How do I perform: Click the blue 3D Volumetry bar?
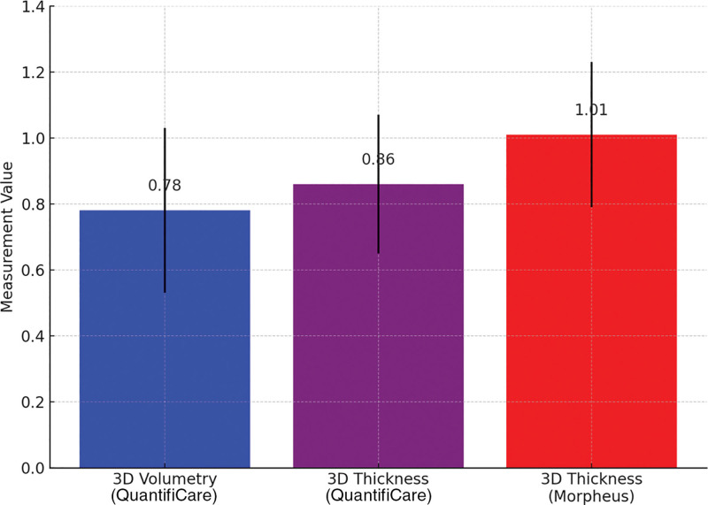click(x=165, y=339)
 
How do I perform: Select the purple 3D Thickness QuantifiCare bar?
click(x=379, y=325)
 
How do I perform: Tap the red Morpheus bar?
click(x=591, y=301)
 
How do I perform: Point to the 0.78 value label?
click(x=165, y=185)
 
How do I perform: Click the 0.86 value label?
click(x=378, y=159)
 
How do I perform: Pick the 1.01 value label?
click(x=591, y=110)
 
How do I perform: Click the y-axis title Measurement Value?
click(x=7, y=237)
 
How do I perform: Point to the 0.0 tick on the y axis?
click(x=33, y=468)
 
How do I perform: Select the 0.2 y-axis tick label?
click(x=33, y=402)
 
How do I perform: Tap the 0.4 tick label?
click(x=33, y=336)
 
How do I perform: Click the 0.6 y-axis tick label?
click(x=33, y=271)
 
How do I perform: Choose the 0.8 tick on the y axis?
click(x=33, y=204)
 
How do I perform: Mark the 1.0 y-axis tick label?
click(x=33, y=138)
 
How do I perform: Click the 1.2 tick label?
click(x=33, y=73)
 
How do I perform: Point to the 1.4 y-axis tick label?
click(x=33, y=7)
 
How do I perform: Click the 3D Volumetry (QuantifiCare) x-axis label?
click(x=165, y=487)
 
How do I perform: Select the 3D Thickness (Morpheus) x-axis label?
click(x=591, y=487)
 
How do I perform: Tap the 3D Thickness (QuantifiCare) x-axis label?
click(x=379, y=487)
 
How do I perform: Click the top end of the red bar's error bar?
click(x=591, y=62)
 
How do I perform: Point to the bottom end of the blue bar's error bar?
click(x=165, y=293)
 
